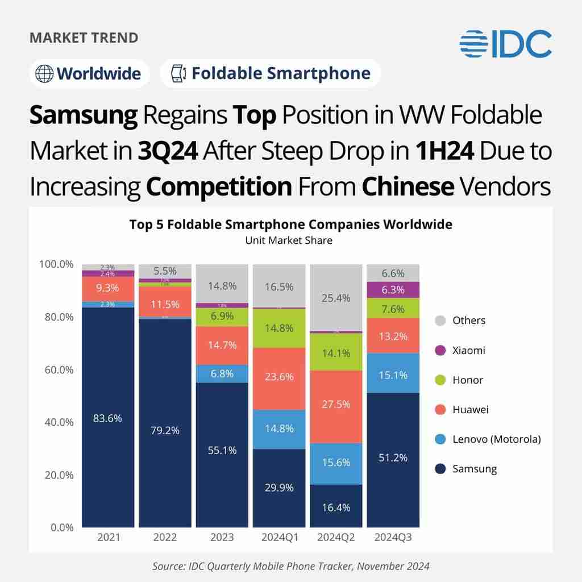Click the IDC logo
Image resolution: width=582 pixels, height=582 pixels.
click(x=505, y=44)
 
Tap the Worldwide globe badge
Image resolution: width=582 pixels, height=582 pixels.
click(x=89, y=74)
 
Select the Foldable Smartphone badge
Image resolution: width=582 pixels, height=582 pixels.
click(x=271, y=73)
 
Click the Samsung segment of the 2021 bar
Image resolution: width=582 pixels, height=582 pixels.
click(x=108, y=418)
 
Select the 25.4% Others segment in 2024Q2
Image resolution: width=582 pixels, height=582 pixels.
click(x=336, y=297)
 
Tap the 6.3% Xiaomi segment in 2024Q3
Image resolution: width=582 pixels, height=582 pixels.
click(x=393, y=290)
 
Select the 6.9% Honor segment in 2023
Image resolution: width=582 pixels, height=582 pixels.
click(x=222, y=317)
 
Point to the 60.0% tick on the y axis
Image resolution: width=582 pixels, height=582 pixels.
click(x=57, y=369)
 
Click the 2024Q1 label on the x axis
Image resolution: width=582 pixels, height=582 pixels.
click(x=279, y=537)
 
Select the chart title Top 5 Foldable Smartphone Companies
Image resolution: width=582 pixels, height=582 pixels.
click(x=290, y=225)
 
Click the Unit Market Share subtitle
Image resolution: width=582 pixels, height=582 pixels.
click(x=289, y=240)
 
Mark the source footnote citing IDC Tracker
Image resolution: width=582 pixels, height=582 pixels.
click(x=290, y=566)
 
